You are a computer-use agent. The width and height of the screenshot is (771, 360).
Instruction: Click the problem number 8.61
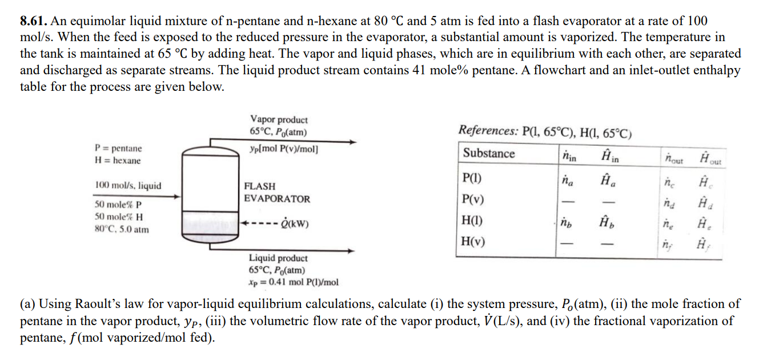(x=33, y=22)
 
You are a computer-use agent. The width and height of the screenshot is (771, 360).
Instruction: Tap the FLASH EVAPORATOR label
(x=277, y=193)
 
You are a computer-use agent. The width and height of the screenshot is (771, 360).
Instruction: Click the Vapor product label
(x=279, y=120)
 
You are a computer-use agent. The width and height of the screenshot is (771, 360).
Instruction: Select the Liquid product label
(x=278, y=258)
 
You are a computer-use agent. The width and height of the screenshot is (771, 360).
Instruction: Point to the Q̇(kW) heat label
(x=295, y=223)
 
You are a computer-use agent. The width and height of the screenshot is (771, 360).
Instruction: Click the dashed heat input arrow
(x=259, y=223)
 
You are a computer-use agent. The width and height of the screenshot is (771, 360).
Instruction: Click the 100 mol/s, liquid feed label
(x=128, y=186)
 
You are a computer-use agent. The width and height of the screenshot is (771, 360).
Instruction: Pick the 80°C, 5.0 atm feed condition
(x=122, y=230)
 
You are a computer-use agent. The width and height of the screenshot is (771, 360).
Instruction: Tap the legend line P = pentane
(x=118, y=148)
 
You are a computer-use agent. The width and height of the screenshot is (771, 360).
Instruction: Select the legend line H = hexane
(x=117, y=161)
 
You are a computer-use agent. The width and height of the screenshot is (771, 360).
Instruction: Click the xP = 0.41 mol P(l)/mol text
(x=293, y=282)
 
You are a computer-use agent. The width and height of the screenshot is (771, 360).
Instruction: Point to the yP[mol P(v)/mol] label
(x=284, y=149)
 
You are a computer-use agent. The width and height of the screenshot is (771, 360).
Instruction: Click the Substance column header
(x=488, y=153)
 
